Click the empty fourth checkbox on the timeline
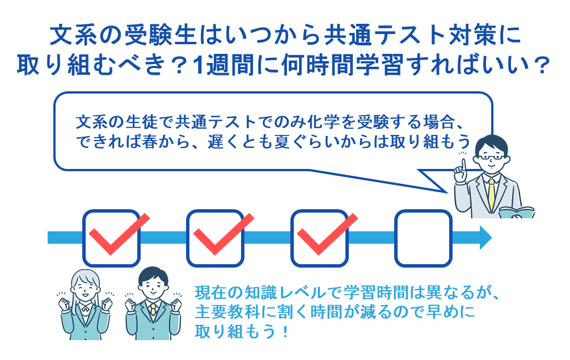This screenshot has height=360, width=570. (x=423, y=238)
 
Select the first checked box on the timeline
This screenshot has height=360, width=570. (x=112, y=238)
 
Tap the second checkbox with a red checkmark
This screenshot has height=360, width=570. (x=215, y=238)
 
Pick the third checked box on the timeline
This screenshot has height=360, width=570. (x=319, y=238)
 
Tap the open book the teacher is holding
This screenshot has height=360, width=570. (x=517, y=213)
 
